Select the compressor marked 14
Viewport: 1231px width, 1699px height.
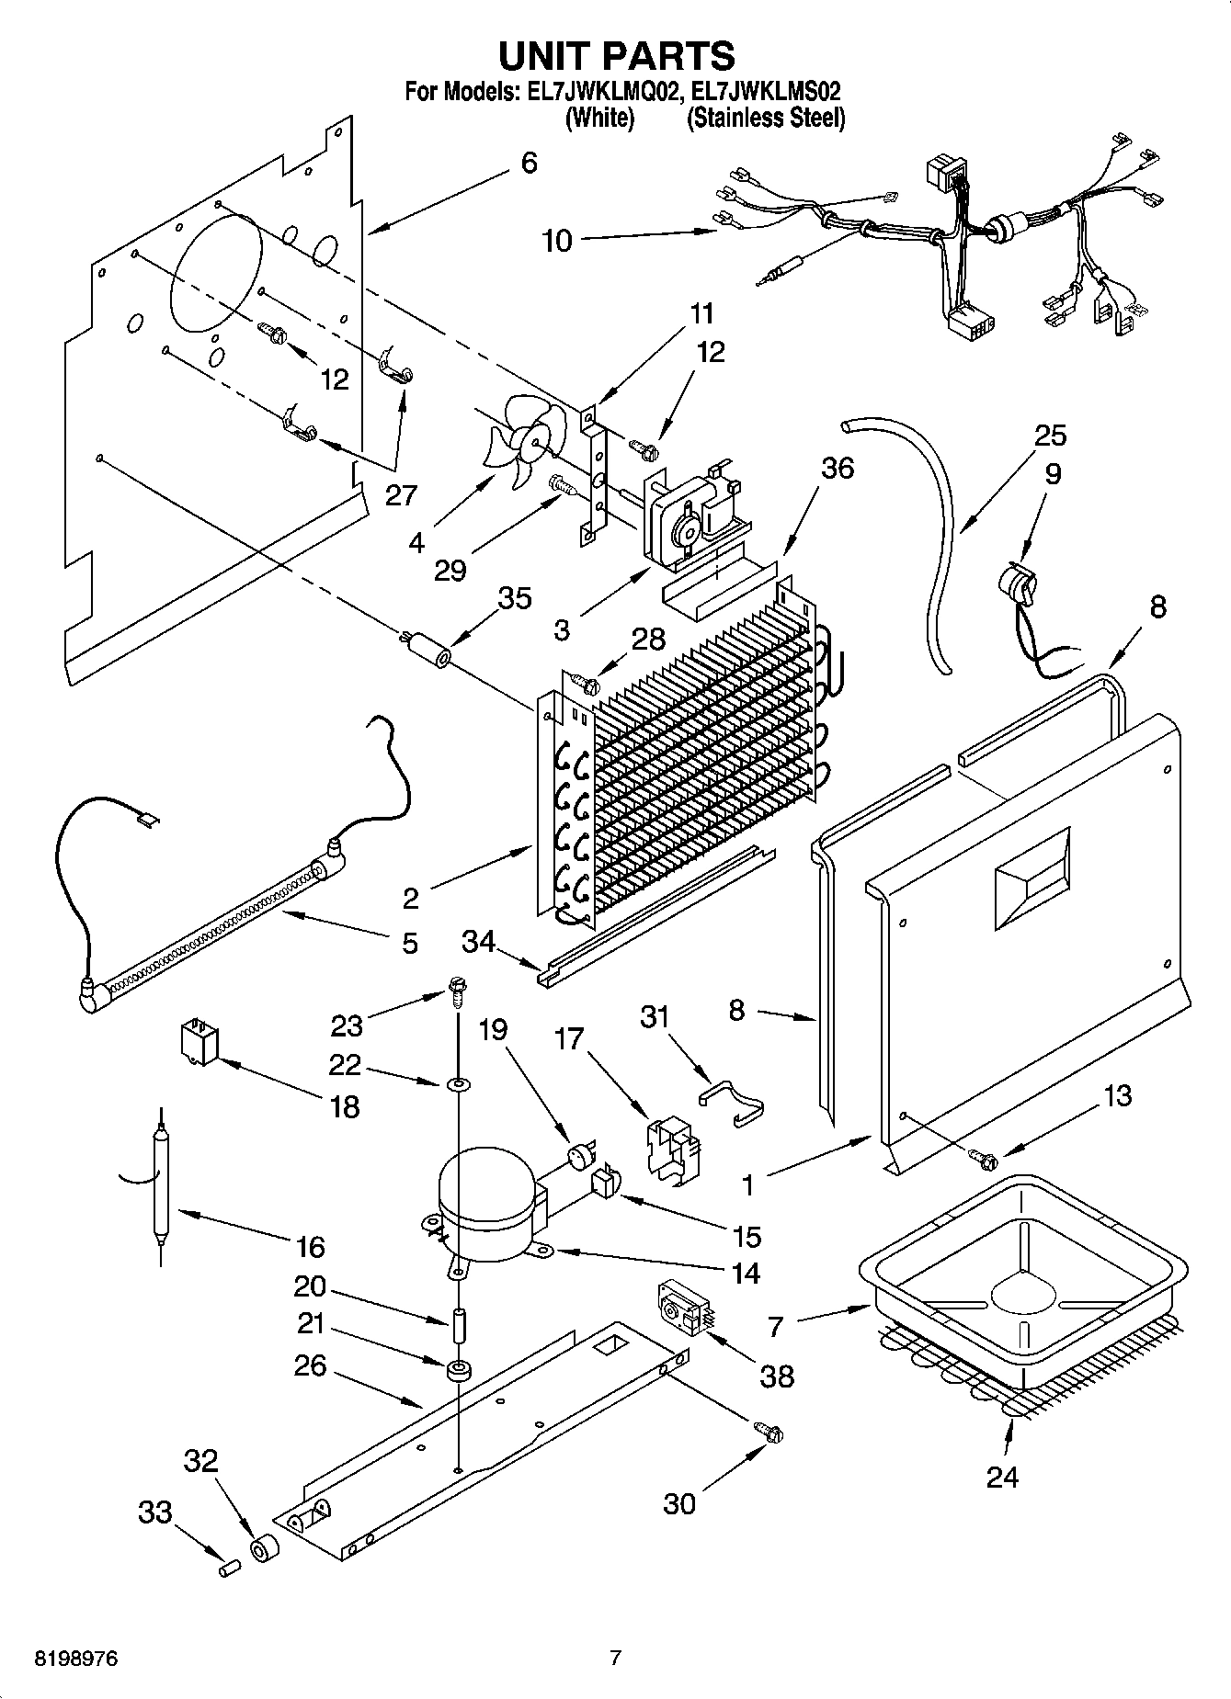pos(485,1198)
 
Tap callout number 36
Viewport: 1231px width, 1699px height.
pos(838,468)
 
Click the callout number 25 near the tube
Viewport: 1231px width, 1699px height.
pos(1051,435)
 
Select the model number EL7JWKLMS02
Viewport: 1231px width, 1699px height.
pos(765,92)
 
